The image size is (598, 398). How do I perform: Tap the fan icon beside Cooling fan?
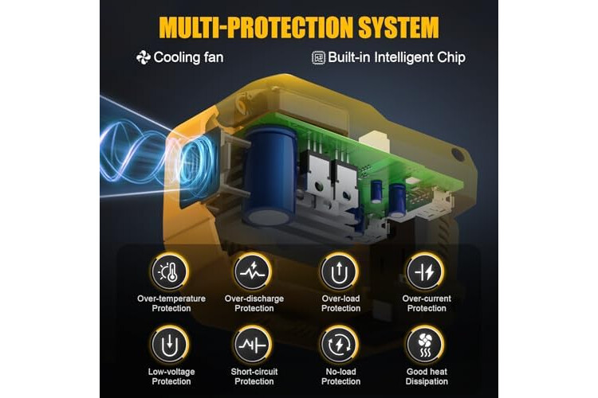pyautogui.click(x=144, y=57)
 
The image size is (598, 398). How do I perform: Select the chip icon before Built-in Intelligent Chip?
pyautogui.click(x=319, y=57)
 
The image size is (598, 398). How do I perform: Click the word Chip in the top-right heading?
pyautogui.click(x=451, y=58)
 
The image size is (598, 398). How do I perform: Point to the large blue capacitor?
pyautogui.click(x=270, y=177)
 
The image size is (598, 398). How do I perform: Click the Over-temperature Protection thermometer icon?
pyautogui.click(x=169, y=272)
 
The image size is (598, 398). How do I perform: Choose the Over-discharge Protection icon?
pyautogui.click(x=253, y=272)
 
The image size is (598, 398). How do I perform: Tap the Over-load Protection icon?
pyautogui.click(x=340, y=272)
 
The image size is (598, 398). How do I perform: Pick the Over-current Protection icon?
pyautogui.click(x=425, y=272)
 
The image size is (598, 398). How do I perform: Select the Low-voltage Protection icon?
pyautogui.click(x=169, y=345)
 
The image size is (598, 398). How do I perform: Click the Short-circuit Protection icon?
pyautogui.click(x=253, y=345)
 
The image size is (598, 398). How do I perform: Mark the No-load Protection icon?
pyautogui.click(x=340, y=345)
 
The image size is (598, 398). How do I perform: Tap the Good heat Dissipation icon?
pyautogui.click(x=425, y=345)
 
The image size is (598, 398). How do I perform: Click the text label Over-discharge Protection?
pyautogui.click(x=254, y=303)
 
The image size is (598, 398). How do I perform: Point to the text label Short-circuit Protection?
pyautogui.click(x=254, y=377)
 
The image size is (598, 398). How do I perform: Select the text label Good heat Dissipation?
pyautogui.click(x=427, y=377)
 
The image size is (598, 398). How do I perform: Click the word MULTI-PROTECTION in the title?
pyautogui.click(x=256, y=27)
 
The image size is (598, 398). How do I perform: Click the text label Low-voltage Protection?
pyautogui.click(x=171, y=377)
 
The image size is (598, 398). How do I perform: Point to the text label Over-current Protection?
pyautogui.click(x=427, y=303)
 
